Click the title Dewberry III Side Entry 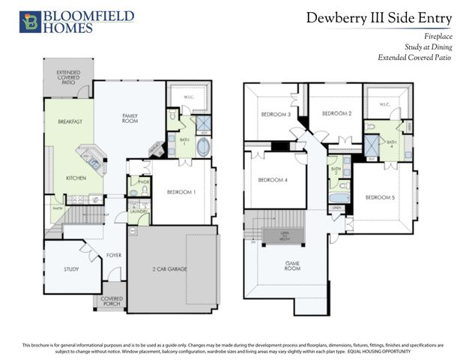coord(378,19)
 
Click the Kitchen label coord(76,178)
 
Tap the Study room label coord(71,269)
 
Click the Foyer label coord(113,254)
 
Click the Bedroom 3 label coord(275,115)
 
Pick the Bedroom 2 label coord(336,113)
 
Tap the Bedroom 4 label coord(273,180)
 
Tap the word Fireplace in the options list coord(435,34)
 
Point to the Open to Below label coord(285,235)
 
